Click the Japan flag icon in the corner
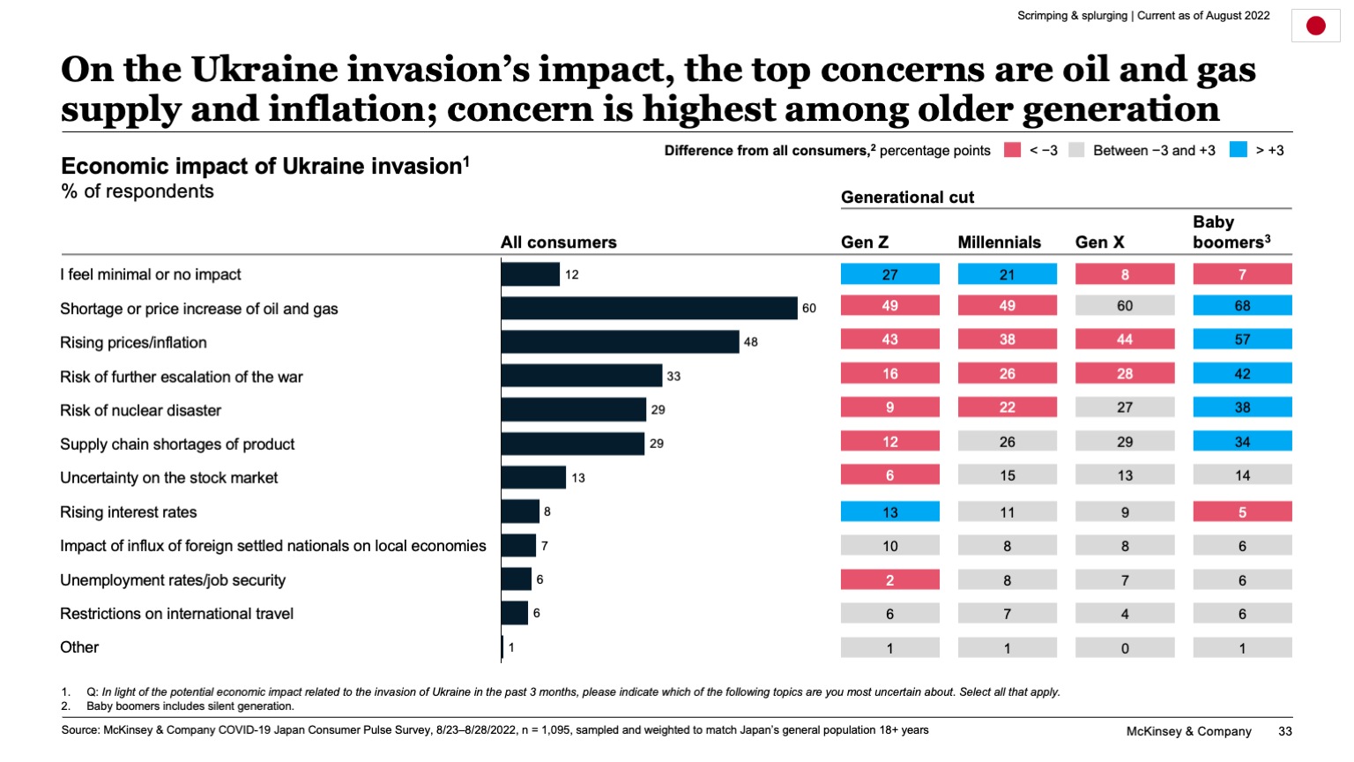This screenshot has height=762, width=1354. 1315,26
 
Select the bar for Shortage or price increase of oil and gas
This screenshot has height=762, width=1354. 649,308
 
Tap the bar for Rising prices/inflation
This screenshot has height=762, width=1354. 620,341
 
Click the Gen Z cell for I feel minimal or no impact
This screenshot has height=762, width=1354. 889,274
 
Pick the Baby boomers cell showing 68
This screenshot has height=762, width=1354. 1242,306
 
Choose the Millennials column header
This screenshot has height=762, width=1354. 999,243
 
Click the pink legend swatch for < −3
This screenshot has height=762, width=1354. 1012,150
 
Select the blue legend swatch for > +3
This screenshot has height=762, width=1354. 1239,150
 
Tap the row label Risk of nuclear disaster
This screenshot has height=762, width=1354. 140,410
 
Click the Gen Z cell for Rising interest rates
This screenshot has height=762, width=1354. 889,512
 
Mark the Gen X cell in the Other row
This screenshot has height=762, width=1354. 1125,648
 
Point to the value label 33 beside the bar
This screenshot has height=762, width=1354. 673,376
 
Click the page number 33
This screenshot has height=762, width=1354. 1284,731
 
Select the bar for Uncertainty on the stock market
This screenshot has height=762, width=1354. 533,477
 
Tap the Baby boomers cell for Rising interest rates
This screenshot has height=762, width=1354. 1242,512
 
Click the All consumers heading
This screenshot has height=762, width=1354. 558,243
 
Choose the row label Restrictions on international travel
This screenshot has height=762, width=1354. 176,614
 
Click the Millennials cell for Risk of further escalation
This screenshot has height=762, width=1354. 1007,374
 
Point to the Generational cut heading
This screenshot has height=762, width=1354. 907,198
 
